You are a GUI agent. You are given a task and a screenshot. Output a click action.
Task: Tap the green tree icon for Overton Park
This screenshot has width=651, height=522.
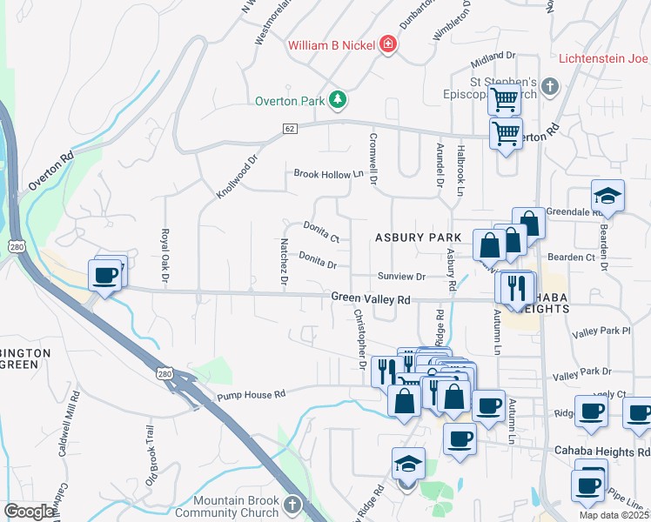point(338,101)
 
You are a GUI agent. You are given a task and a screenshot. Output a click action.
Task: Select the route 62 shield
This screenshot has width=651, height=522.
point(290,129)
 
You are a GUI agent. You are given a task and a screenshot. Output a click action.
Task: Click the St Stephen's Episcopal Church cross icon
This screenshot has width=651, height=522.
point(549,86)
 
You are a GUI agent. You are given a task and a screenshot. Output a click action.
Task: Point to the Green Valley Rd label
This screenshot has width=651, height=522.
point(370,298)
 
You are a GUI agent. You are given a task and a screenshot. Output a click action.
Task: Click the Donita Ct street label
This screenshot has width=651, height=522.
point(320,231)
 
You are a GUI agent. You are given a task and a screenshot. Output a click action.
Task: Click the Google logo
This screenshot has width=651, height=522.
point(29,512)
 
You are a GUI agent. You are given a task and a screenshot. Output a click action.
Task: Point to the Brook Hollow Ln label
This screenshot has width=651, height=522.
point(327,174)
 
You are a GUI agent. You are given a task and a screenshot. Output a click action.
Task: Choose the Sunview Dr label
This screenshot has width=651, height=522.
point(401,277)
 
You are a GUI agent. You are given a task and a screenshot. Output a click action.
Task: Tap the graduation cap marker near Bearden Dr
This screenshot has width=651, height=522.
point(607,196)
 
